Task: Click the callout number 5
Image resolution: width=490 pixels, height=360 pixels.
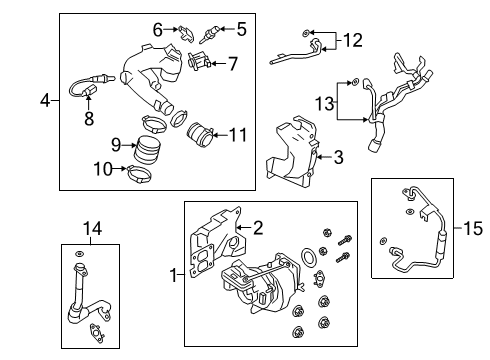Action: coord(242,29)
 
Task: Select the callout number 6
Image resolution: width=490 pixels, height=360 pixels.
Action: coord(158,30)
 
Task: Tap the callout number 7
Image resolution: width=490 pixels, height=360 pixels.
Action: coord(233,64)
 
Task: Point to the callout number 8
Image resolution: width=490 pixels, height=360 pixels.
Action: coord(89,119)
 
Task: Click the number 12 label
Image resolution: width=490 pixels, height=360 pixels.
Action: coord(352,40)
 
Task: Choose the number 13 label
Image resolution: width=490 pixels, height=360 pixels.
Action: coord(325,103)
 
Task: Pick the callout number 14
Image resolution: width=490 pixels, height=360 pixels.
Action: coord(92,229)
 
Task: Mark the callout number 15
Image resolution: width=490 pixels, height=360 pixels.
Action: coord(473,229)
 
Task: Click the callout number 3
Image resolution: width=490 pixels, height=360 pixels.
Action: coord(338,157)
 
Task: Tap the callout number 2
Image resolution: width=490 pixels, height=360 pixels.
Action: coord(258,228)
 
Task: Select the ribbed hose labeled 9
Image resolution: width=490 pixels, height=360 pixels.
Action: coord(147,150)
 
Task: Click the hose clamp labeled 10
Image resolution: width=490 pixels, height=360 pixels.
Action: coord(139,174)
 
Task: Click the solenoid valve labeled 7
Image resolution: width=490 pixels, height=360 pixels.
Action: coord(198,60)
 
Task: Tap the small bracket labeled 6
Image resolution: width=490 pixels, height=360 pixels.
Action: coord(185,33)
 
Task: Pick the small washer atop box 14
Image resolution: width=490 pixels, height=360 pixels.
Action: coord(79,254)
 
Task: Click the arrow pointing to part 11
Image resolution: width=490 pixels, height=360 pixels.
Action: coord(220,135)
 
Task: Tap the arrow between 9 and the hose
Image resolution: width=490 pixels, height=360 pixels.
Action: coord(129,145)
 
